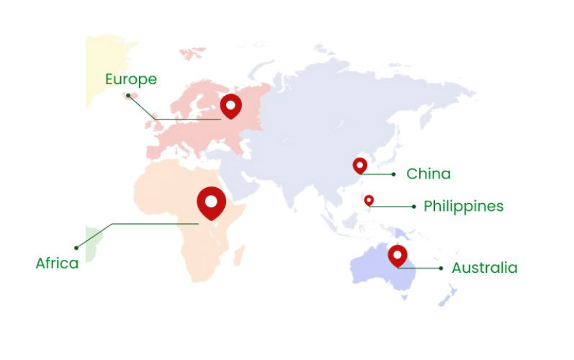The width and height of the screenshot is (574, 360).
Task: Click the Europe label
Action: click(x=130, y=79)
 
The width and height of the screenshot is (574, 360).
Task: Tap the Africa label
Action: click(x=57, y=264)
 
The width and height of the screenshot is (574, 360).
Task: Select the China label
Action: click(x=428, y=174)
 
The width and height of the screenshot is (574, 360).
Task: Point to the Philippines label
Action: click(x=463, y=207)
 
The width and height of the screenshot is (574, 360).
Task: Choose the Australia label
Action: click(x=484, y=268)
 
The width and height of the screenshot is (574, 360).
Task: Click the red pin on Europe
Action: click(x=230, y=106)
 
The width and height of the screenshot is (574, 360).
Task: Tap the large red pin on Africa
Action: click(x=211, y=202)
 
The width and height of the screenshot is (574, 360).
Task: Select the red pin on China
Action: click(x=360, y=166)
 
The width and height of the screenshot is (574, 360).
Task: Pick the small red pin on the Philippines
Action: click(x=369, y=199)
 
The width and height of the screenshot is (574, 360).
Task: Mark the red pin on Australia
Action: click(x=398, y=255)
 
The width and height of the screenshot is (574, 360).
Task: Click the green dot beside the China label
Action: click(x=393, y=174)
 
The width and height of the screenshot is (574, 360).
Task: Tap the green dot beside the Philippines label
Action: click(x=413, y=207)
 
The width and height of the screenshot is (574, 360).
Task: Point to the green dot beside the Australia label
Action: click(x=441, y=269)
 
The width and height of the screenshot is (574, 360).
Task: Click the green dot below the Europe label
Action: click(x=128, y=94)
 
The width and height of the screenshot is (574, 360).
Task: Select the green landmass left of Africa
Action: click(x=91, y=243)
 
